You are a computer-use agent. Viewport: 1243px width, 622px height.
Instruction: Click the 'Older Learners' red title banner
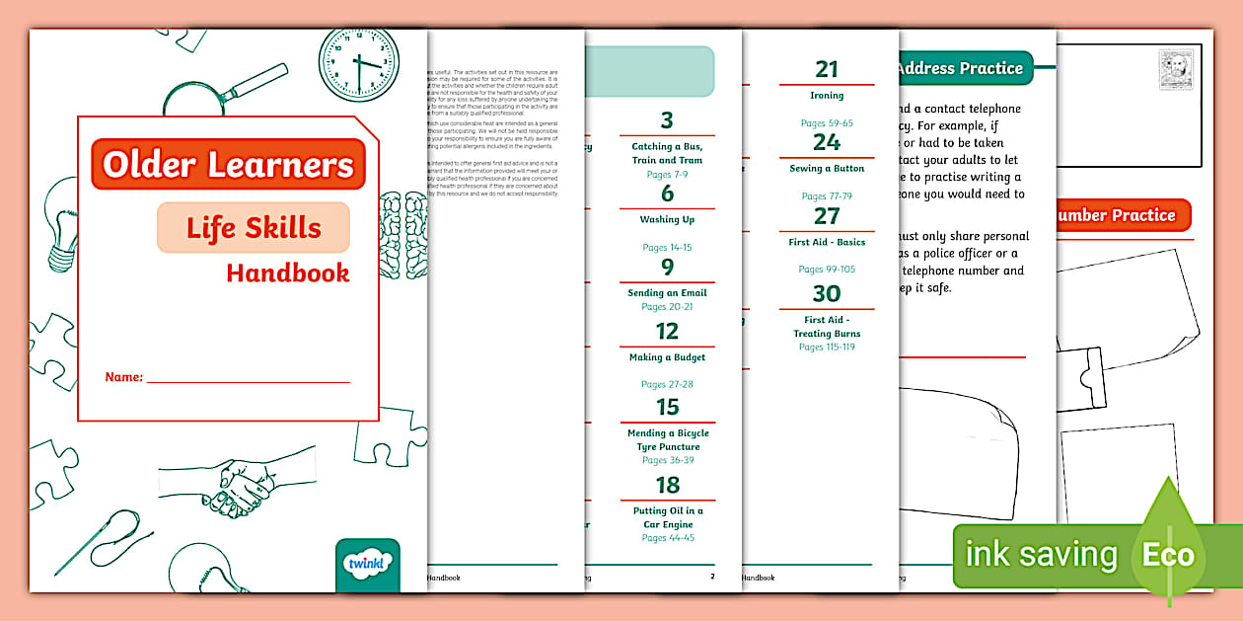(228, 164)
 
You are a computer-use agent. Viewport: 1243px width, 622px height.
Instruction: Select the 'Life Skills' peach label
(254, 228)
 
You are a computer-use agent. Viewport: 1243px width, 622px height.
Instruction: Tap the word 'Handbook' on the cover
(287, 272)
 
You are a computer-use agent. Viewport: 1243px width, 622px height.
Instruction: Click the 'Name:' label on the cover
(124, 377)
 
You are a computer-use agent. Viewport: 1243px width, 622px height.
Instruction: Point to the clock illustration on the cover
(357, 61)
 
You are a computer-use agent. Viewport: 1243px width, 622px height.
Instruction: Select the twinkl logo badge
(368, 564)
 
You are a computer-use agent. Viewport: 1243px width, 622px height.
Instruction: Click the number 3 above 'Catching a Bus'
(667, 121)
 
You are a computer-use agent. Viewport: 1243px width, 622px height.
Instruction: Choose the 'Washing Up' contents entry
(667, 219)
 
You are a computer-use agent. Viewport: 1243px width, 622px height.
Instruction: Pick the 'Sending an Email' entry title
(667, 293)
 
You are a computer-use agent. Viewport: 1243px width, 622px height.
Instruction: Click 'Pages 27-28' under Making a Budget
(667, 384)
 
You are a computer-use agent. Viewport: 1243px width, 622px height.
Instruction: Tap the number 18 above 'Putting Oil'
(668, 485)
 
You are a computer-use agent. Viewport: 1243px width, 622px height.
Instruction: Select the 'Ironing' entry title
(827, 96)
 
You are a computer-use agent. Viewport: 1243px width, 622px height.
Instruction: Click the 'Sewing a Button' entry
(827, 169)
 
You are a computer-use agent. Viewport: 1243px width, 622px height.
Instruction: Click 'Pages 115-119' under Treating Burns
(827, 348)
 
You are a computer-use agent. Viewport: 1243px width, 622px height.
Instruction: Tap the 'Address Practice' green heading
(963, 68)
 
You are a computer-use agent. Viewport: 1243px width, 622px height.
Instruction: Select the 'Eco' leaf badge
(1168, 554)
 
